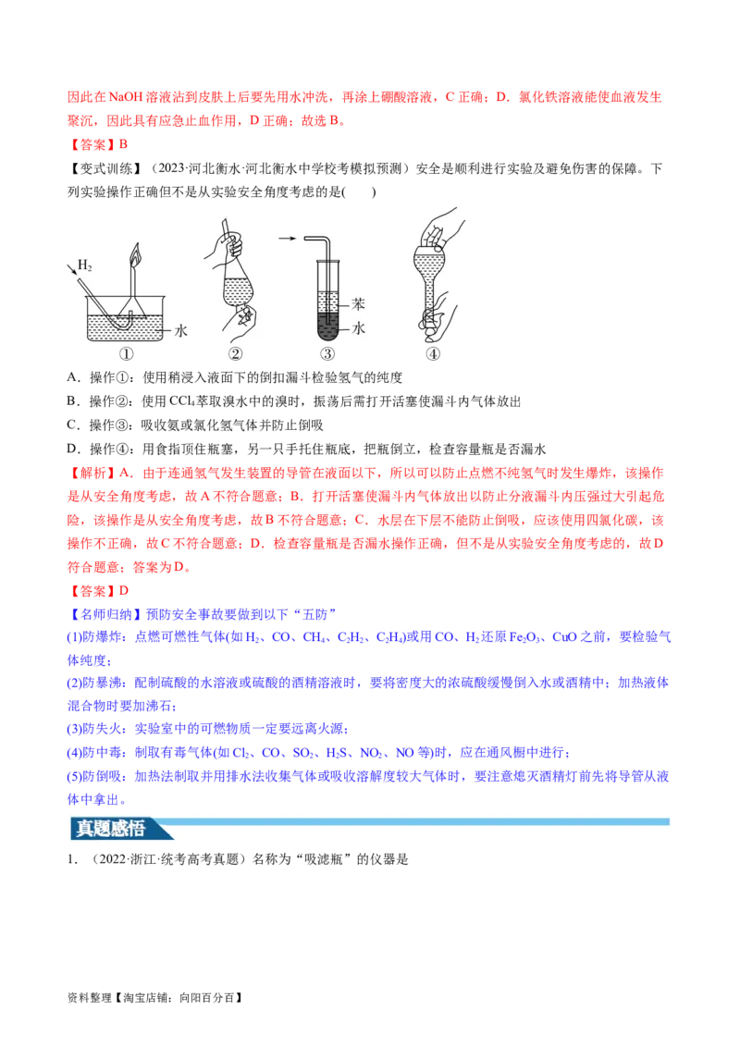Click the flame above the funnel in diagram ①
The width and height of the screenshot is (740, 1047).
click(135, 253)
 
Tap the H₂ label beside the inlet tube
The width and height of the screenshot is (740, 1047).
click(85, 265)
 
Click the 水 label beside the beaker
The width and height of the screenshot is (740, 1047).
click(181, 330)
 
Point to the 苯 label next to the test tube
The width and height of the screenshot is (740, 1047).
click(359, 304)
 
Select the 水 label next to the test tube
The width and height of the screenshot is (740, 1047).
click(359, 327)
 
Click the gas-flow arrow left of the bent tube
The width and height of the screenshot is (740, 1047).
click(288, 239)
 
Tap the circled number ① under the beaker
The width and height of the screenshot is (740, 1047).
click(126, 354)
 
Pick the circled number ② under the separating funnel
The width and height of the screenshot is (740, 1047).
click(236, 354)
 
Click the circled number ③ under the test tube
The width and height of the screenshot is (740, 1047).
click(327, 354)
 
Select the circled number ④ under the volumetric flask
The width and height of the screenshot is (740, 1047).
click(434, 354)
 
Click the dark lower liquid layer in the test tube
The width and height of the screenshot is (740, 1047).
click(327, 326)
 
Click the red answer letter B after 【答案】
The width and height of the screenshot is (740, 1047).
click(123, 144)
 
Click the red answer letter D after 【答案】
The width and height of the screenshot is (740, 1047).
click(124, 591)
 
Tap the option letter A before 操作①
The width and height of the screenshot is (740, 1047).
click(72, 377)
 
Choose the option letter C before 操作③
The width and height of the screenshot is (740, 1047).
click(72, 425)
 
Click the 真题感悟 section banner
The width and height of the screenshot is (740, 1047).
click(111, 829)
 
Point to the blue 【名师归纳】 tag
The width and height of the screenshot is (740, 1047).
click(105, 614)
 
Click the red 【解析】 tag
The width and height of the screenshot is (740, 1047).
click(92, 473)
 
